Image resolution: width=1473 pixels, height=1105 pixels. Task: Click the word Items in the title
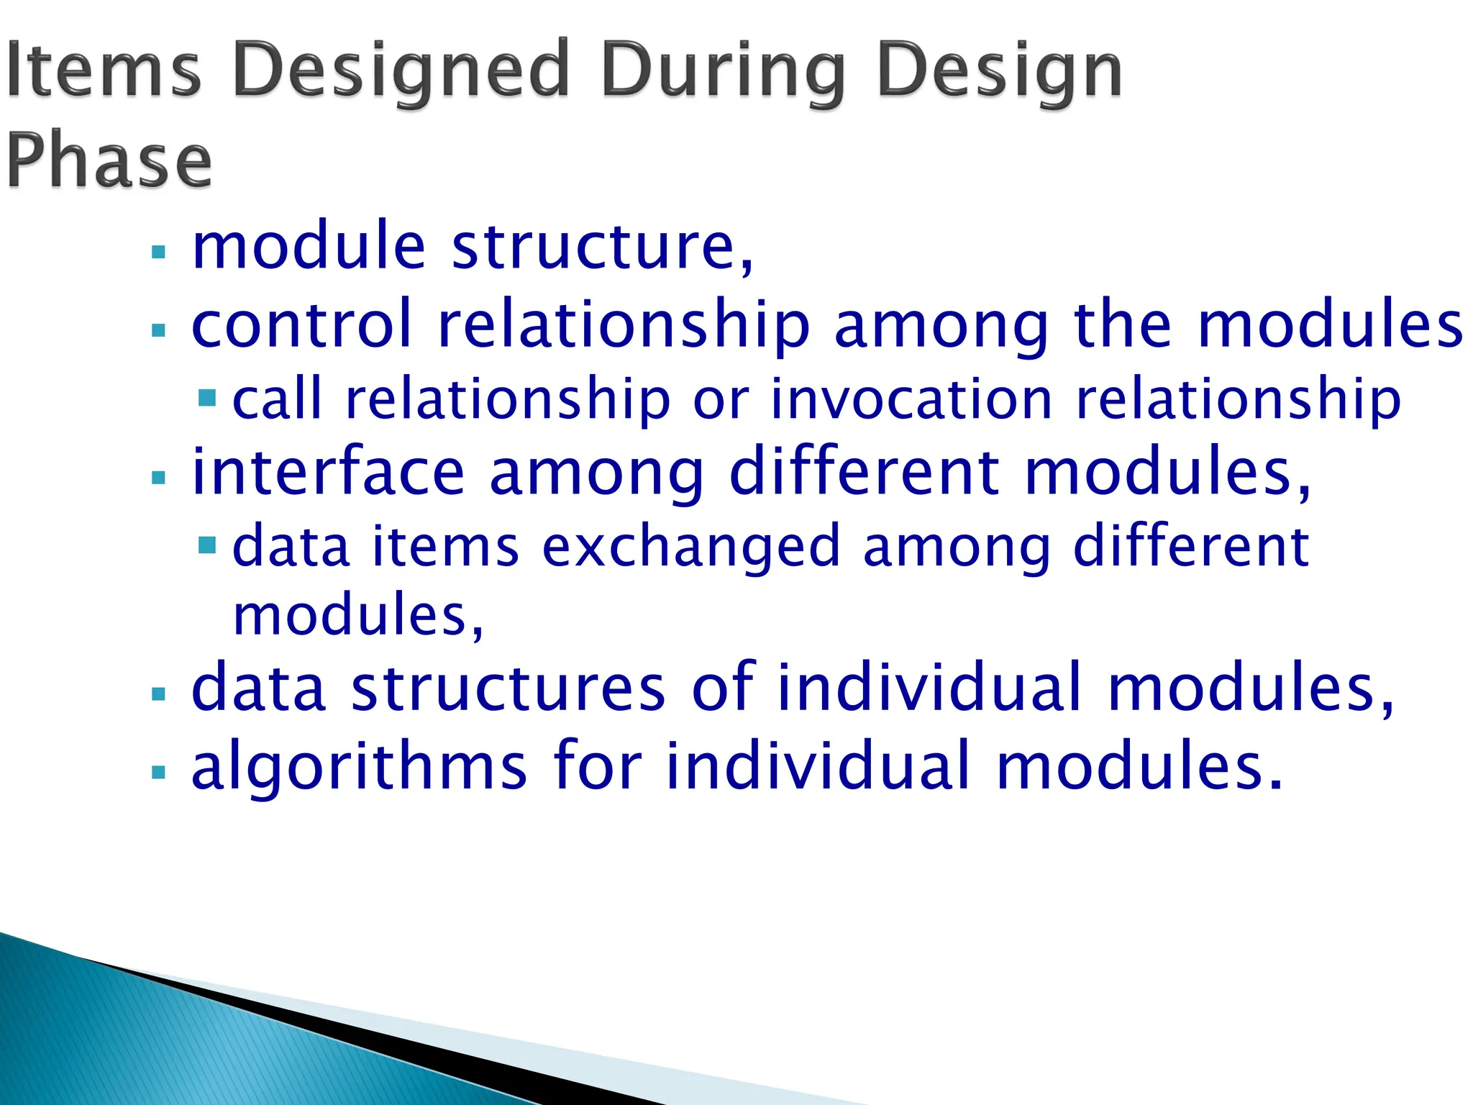[103, 70]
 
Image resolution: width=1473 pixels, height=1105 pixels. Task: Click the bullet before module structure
[159, 253]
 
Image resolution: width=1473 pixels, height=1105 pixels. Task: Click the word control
[302, 324]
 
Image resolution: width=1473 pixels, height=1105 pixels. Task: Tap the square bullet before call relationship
[207, 398]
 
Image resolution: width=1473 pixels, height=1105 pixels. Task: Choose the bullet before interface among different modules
[159, 477]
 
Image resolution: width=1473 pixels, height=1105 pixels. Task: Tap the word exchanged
[690, 547]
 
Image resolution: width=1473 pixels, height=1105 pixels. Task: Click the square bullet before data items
[207, 545]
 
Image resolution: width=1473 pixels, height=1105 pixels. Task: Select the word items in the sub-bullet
[445, 547]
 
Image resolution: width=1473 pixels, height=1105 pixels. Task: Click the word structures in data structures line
[508, 688]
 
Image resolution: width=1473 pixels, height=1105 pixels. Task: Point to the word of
[723, 687]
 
